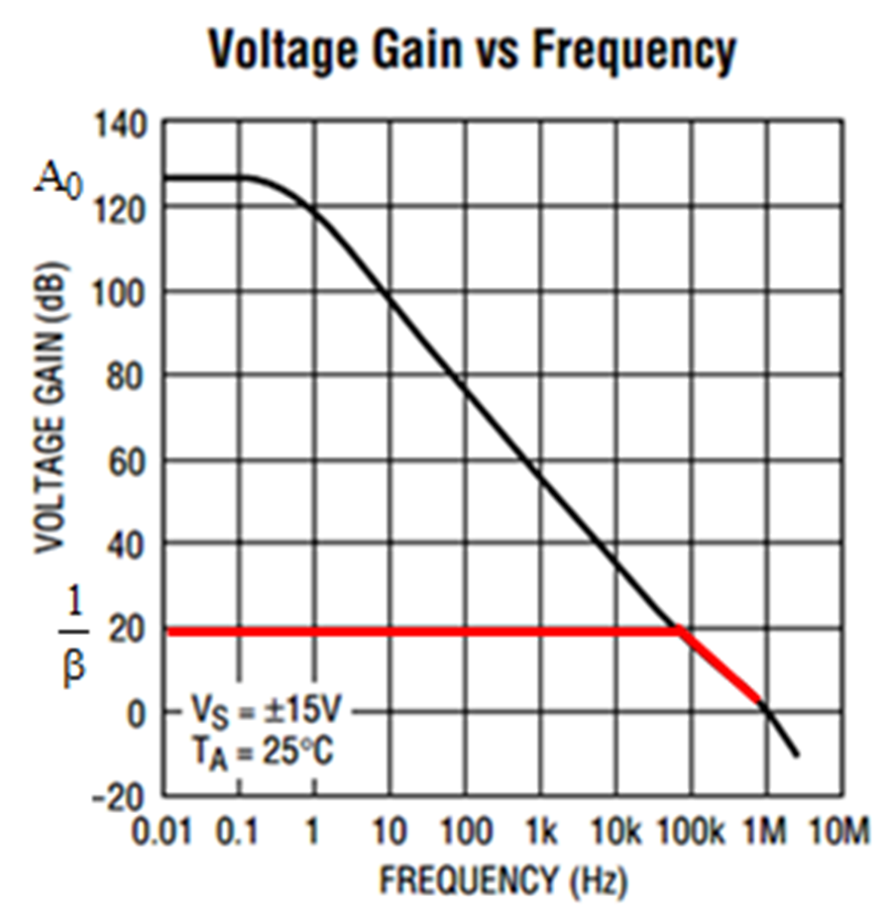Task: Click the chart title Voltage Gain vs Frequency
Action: pyautogui.click(x=471, y=50)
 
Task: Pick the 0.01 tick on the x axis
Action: pyautogui.click(x=162, y=832)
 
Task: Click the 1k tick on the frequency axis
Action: pyautogui.click(x=540, y=832)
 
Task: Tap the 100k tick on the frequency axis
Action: pyautogui.click(x=690, y=832)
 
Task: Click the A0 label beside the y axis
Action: pyautogui.click(x=56, y=181)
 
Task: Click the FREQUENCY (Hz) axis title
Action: pyautogui.click(x=503, y=879)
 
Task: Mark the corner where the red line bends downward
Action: pyautogui.click(x=680, y=631)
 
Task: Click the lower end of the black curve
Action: pyautogui.click(x=796, y=756)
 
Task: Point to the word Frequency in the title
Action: pyautogui.click(x=635, y=50)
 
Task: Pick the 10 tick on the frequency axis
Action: pyautogui.click(x=389, y=832)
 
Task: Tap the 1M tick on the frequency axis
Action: pyautogui.click(x=765, y=832)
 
